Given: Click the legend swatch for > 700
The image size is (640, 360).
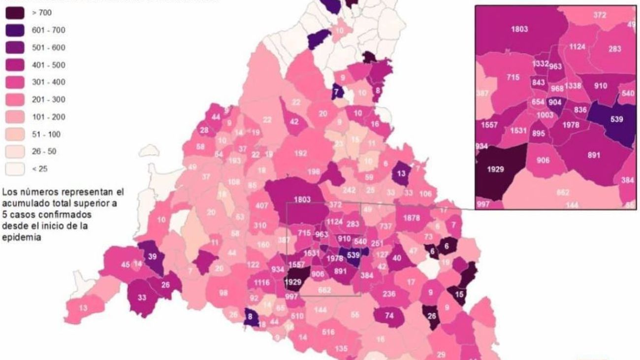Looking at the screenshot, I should tap(14, 13).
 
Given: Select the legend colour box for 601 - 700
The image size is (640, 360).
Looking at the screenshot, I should tap(14, 30).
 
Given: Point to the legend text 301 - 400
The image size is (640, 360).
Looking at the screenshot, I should tap(41, 82).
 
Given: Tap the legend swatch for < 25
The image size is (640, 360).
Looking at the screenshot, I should tap(14, 169).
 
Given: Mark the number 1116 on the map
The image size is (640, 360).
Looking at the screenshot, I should tap(261, 282).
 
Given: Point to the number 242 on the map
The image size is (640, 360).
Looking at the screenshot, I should tap(349, 190).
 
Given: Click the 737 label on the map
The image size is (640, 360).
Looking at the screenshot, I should tap(386, 226).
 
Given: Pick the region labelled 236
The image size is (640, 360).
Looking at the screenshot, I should tap(389, 294).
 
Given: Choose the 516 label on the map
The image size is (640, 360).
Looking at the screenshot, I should tap(328, 332).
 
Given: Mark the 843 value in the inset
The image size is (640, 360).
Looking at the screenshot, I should tap(539, 83).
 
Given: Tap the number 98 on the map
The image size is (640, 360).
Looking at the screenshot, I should tap(224, 293).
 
